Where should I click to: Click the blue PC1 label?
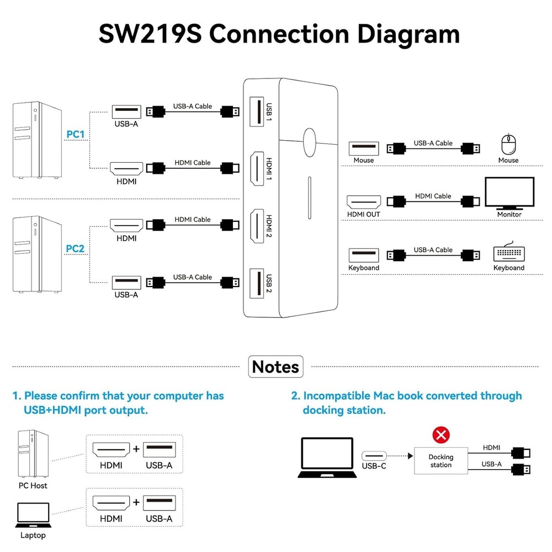(x=75, y=134)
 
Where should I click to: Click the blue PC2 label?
(x=75, y=248)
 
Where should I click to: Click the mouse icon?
(x=508, y=145)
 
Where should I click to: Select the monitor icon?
(x=509, y=193)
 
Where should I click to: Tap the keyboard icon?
(x=509, y=253)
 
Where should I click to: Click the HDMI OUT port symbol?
(x=364, y=201)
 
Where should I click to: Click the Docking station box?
(x=440, y=460)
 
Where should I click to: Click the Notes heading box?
(x=275, y=367)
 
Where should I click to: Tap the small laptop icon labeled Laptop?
(x=33, y=514)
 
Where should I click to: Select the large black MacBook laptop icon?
(x=326, y=457)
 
